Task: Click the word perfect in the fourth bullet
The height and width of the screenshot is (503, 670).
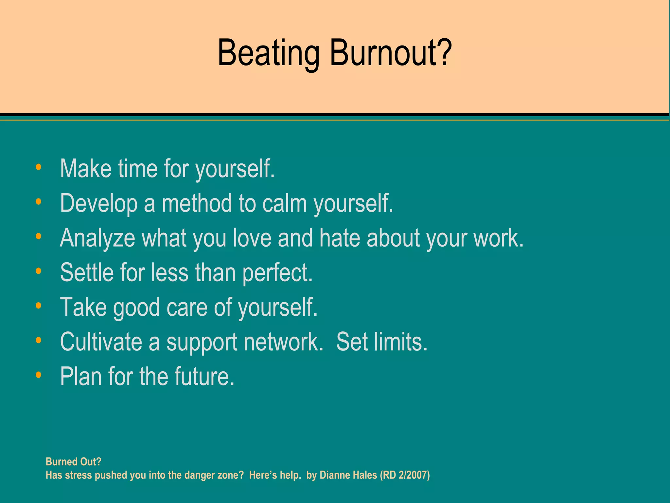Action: coord(277,273)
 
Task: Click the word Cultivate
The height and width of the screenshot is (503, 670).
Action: coord(101,342)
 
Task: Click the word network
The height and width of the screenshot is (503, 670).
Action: coord(283,342)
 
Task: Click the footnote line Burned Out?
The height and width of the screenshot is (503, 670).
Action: coord(74,462)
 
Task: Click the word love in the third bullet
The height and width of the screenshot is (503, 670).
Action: coord(252,238)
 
